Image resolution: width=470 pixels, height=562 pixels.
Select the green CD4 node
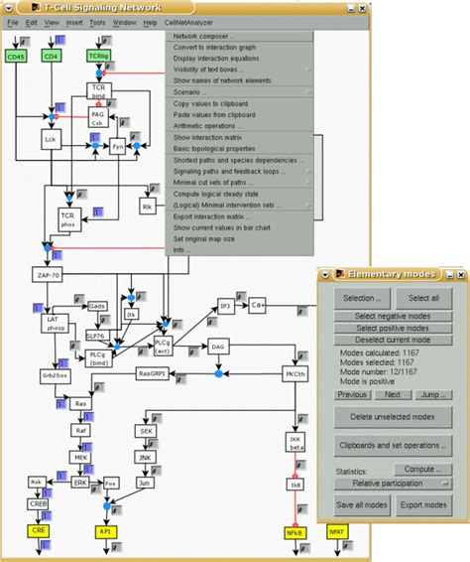coord(53,57)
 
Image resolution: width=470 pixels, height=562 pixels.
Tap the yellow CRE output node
coord(40,532)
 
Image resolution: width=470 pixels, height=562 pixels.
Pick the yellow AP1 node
coord(105,532)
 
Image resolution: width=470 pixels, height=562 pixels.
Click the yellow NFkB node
coord(294,532)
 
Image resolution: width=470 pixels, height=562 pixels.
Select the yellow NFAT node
coord(336,532)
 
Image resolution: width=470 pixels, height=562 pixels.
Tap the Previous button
coord(352,394)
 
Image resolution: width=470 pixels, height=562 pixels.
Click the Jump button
coord(434,394)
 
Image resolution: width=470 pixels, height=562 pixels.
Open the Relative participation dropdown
coord(392,483)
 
